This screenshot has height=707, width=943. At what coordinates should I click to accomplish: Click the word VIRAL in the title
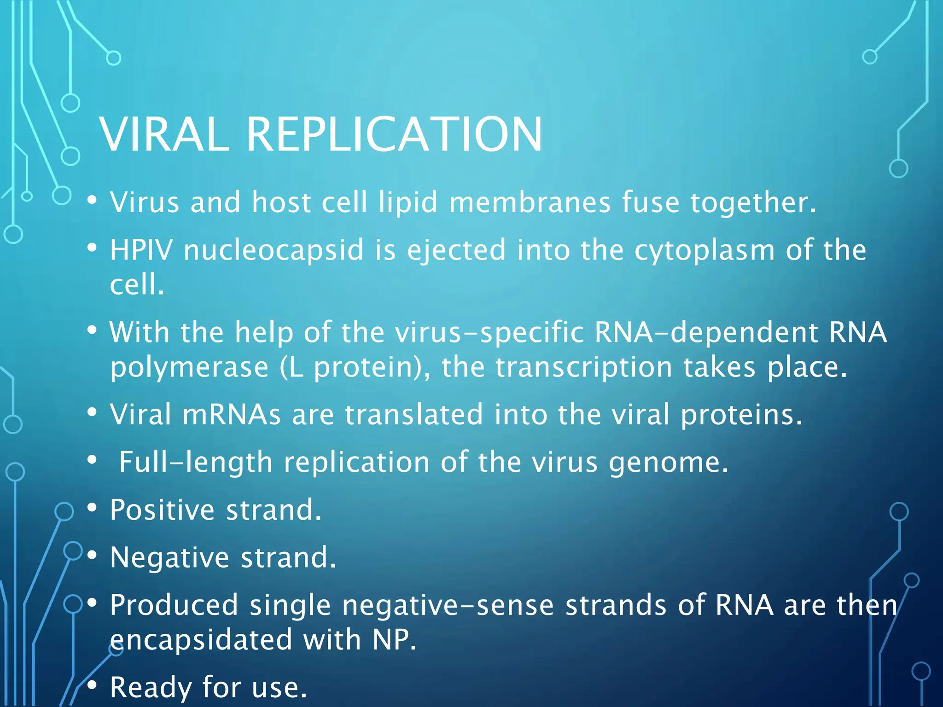click(164, 134)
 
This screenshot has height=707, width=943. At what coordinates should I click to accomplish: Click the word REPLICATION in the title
click(395, 134)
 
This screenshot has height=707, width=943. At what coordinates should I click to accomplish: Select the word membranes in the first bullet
click(530, 203)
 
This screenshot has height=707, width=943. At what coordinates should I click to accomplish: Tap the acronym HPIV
click(141, 250)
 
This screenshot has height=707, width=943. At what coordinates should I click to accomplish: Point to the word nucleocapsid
click(274, 251)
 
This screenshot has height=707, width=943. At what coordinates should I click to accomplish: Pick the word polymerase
click(189, 368)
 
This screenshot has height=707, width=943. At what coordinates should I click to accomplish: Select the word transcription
click(584, 368)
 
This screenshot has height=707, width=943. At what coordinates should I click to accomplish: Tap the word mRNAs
click(231, 415)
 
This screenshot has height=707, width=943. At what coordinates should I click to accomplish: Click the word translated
click(414, 415)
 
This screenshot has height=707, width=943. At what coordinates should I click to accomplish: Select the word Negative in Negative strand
click(169, 558)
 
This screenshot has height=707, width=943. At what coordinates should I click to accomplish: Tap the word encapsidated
click(201, 640)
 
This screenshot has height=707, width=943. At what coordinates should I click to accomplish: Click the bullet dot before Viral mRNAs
click(92, 412)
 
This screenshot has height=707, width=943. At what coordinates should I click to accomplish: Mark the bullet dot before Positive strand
click(92, 507)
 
